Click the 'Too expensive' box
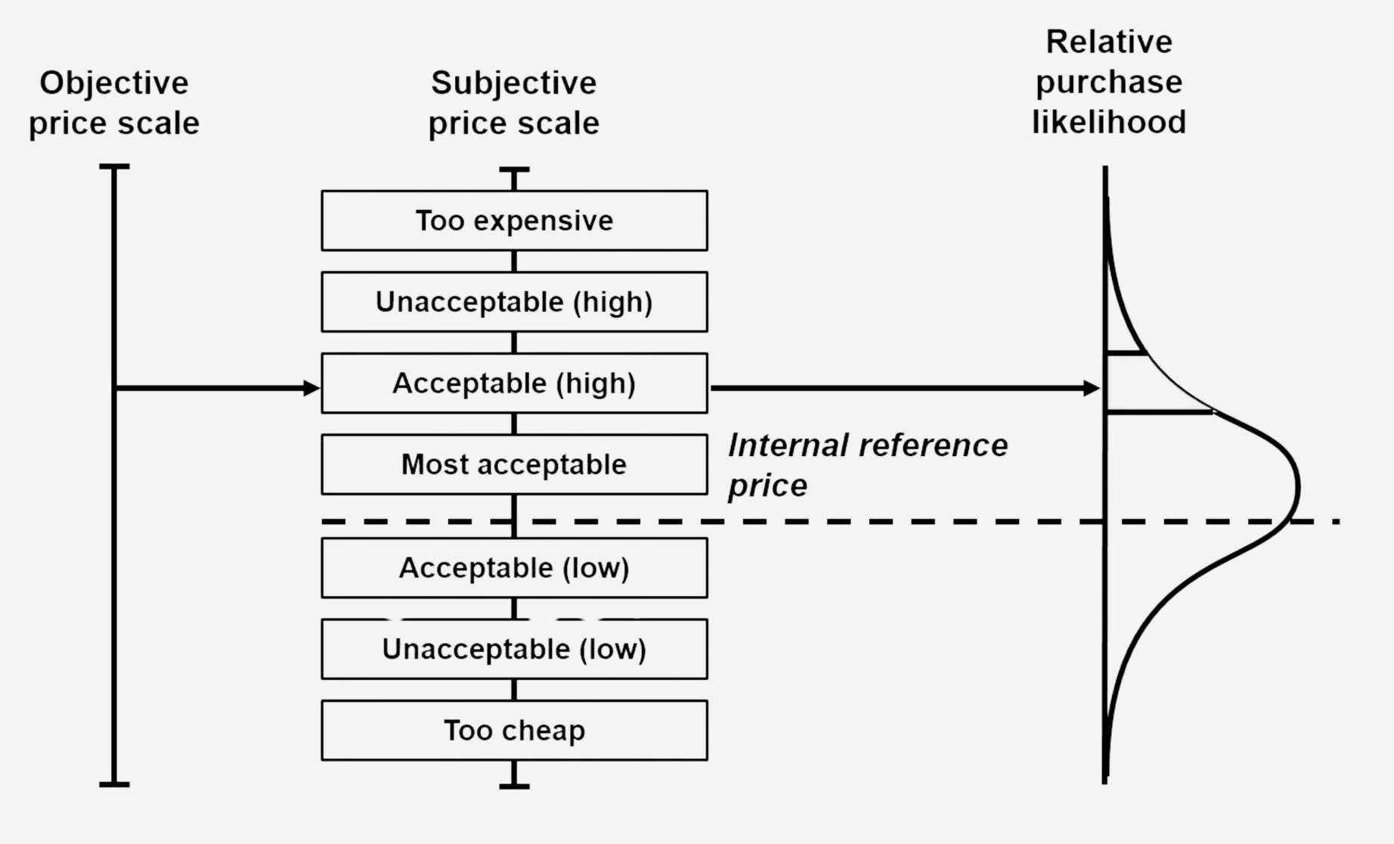click(x=514, y=221)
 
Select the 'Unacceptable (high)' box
click(x=514, y=302)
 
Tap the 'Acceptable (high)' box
click(x=514, y=383)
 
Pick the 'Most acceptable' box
click(x=514, y=464)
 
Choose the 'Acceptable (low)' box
click(x=514, y=568)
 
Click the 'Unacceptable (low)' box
click(x=514, y=649)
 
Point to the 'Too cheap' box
click(x=514, y=731)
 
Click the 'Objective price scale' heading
click(x=114, y=103)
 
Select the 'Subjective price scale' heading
click(x=514, y=103)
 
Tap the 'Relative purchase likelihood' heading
click(x=1109, y=82)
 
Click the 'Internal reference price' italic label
click(x=867, y=464)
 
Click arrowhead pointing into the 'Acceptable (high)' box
click(x=311, y=388)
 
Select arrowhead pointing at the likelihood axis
click(x=1091, y=388)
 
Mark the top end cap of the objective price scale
click(x=114, y=166)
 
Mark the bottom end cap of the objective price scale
click(x=114, y=784)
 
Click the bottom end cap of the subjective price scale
click(x=514, y=787)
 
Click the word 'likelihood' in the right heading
click(x=1109, y=123)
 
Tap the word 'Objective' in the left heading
click(x=114, y=83)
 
